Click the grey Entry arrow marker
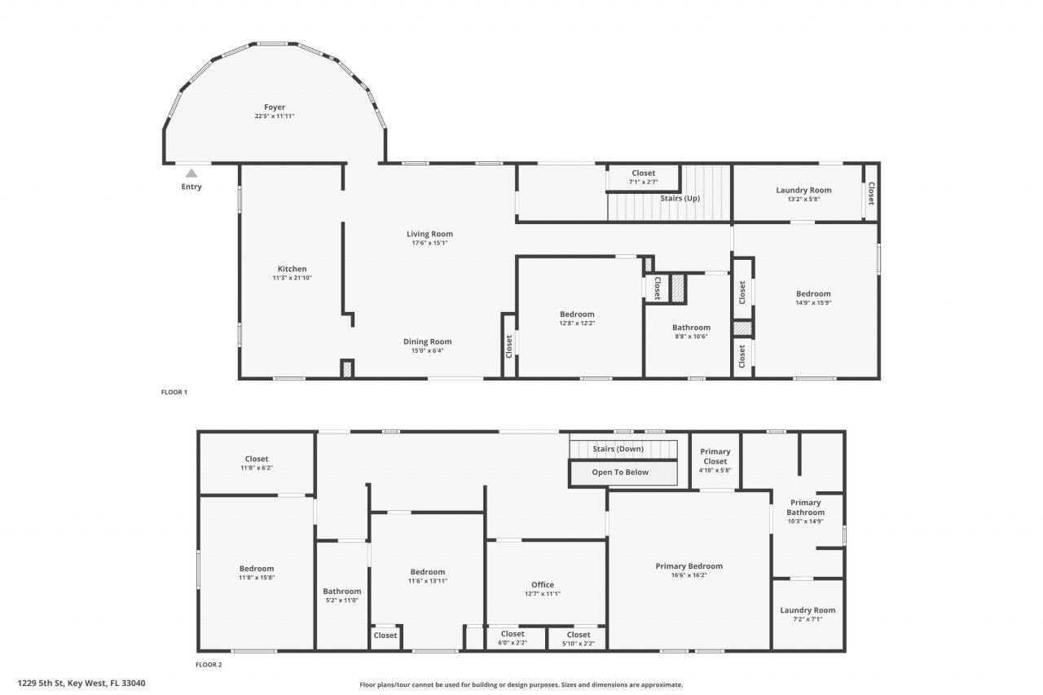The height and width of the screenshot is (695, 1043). [191, 173]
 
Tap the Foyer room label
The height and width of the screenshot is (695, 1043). [274, 108]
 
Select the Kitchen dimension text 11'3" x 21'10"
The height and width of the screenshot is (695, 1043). [292, 278]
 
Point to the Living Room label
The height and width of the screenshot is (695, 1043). [429, 234]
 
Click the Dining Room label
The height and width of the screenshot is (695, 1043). [427, 341]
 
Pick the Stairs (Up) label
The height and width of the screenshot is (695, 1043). [681, 198]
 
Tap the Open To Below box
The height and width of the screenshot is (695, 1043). [620, 473]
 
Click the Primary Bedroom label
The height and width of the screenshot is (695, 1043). [689, 566]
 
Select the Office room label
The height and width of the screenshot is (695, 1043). [542, 584]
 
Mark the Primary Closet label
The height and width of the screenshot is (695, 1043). [715, 456]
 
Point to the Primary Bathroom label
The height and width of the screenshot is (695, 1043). [805, 507]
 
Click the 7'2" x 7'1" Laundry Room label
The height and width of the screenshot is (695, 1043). [807, 610]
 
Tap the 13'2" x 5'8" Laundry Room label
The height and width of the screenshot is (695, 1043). [803, 190]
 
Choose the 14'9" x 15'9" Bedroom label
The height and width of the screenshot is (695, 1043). [812, 293]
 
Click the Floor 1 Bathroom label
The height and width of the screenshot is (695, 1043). [691, 328]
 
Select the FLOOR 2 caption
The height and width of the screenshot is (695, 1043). [209, 664]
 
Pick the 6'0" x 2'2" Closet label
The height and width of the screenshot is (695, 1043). [513, 634]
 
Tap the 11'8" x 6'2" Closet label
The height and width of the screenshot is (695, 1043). [256, 459]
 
